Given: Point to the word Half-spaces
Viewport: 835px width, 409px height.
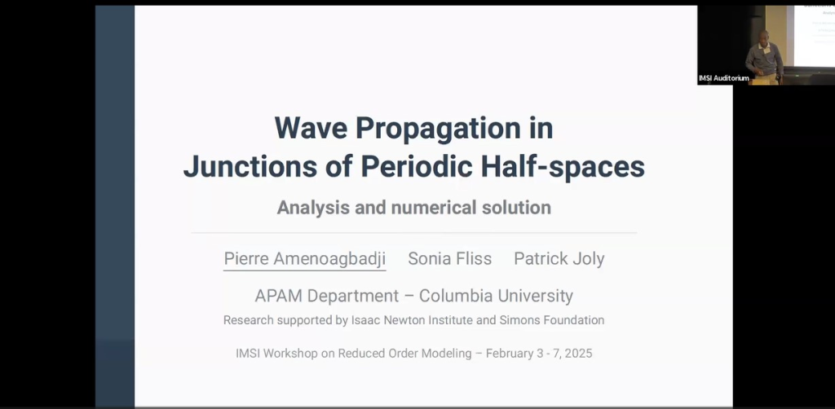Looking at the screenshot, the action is point(563,168).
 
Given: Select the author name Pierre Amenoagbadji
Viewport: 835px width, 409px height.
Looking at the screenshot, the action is point(305,259).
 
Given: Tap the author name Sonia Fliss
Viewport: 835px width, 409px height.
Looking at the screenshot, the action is point(450,259).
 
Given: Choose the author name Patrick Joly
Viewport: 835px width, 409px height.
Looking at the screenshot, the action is point(559,259).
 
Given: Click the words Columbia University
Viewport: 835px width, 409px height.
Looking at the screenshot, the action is point(497,296).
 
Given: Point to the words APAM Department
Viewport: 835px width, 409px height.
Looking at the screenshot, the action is point(326,296).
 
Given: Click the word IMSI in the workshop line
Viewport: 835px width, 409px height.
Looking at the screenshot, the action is point(248,354).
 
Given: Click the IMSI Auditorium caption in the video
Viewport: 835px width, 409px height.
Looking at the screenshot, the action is point(724,78).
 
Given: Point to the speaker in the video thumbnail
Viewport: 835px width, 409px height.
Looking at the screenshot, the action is point(764,56).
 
